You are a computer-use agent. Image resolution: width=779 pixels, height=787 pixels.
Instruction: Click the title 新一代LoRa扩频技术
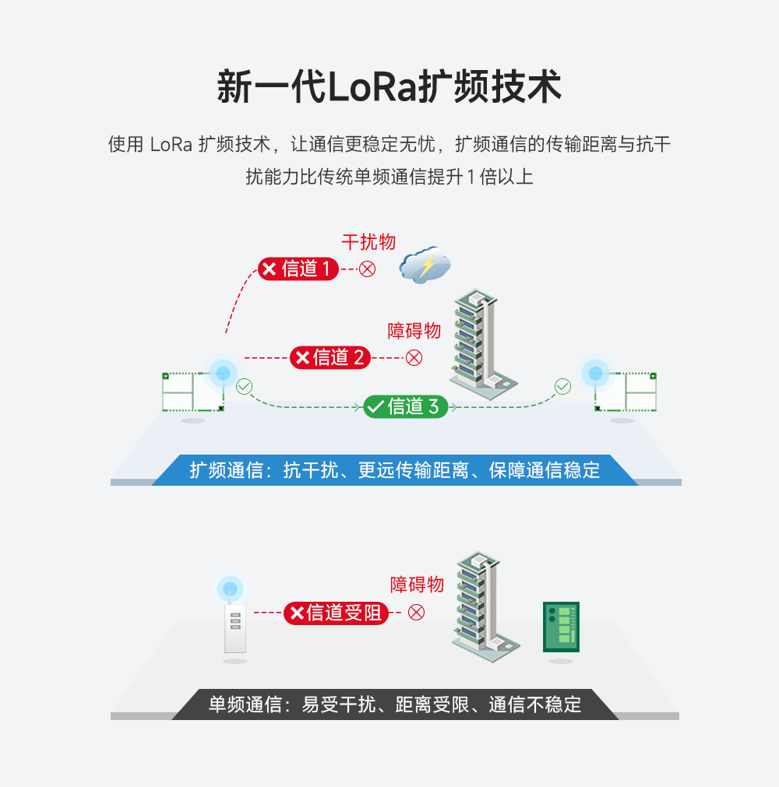click(389, 86)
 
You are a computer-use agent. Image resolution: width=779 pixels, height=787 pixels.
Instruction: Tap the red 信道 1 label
click(298, 269)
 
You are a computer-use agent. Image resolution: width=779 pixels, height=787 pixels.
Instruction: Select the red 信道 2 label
click(330, 357)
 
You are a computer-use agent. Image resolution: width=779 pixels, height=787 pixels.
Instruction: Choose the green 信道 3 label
click(406, 406)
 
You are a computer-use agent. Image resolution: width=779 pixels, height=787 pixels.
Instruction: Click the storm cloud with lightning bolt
click(425, 265)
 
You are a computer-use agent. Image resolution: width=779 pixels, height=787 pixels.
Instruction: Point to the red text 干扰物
click(368, 242)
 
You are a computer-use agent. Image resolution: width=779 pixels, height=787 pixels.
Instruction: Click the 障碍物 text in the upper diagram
click(414, 331)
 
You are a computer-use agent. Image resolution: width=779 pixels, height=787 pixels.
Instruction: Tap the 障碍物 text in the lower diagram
click(417, 585)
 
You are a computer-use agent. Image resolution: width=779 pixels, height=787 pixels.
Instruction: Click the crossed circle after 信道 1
click(367, 269)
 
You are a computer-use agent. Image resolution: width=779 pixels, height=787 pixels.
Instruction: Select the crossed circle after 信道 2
click(414, 357)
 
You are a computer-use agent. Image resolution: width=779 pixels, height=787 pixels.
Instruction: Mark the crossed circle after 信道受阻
click(417, 613)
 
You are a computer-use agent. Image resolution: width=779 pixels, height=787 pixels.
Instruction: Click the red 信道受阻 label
click(336, 613)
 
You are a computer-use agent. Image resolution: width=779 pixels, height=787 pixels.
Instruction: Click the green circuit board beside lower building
click(561, 627)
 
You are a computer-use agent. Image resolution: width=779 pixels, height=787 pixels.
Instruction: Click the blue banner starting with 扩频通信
click(395, 470)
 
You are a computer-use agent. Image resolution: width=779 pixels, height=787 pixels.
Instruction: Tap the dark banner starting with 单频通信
click(395, 704)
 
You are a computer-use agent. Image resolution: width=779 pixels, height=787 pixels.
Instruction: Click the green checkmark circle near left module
click(245, 386)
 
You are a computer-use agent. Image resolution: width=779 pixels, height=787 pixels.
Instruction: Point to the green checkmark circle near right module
click(562, 386)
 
